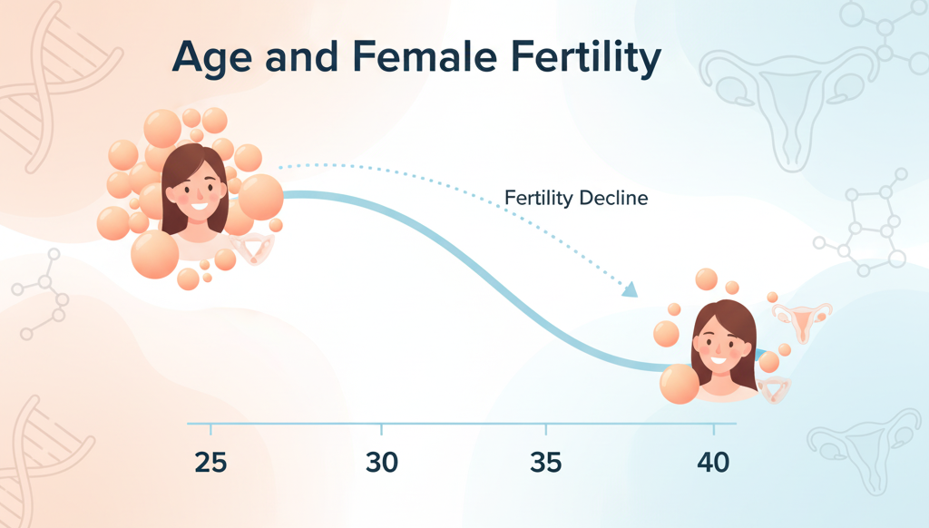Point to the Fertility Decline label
pos(576,198)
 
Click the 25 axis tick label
pos(210,463)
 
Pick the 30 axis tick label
pos(382,463)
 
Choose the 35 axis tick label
pos(546,463)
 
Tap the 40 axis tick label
pos(713,463)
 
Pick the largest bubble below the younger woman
pos(154,253)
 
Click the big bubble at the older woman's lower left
pos(680,384)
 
